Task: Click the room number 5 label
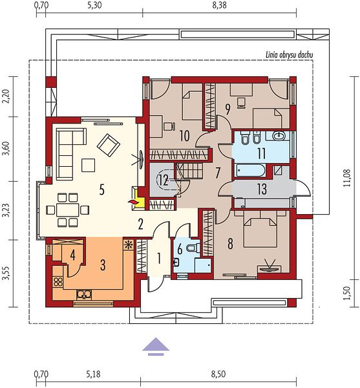pos(102,189)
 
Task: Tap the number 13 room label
pos(262,189)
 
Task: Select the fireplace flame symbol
pos(132,202)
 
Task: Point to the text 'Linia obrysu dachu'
pos(290,55)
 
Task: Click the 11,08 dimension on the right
pos(347,178)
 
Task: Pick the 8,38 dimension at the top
pos(219,5)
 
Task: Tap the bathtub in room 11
pos(250,171)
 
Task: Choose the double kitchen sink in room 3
pos(84,294)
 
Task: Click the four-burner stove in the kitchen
pos(58,282)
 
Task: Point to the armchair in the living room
pos(109,145)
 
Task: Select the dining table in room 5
pos(68,210)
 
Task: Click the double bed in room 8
pos(260,229)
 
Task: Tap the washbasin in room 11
pos(279,136)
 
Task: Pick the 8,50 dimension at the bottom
pos(218,374)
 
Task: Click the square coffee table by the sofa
pos(89,166)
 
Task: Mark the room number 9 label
pos(228,109)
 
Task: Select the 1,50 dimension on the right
pos(347,293)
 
